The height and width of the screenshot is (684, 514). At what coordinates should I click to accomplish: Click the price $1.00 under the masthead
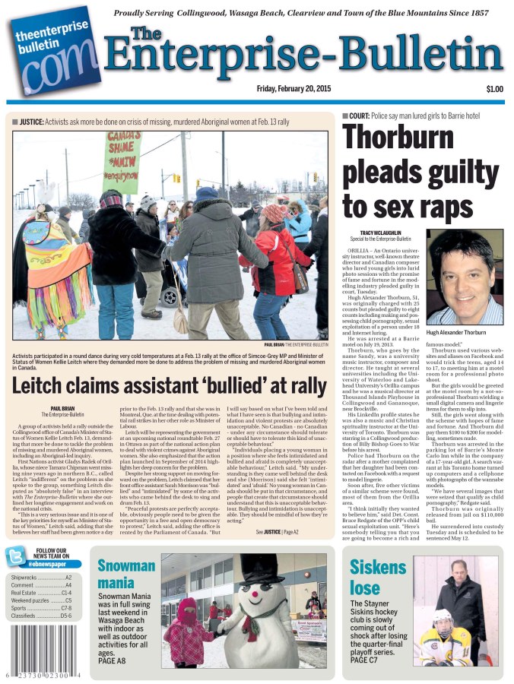point(494,89)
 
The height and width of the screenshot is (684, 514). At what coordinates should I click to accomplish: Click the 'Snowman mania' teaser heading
point(126,574)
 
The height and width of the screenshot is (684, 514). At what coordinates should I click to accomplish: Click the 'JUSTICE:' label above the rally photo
point(31,121)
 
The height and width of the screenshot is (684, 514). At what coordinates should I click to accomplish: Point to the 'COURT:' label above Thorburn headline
point(359,116)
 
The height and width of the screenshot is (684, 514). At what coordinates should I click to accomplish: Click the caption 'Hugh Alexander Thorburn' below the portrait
point(462,332)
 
